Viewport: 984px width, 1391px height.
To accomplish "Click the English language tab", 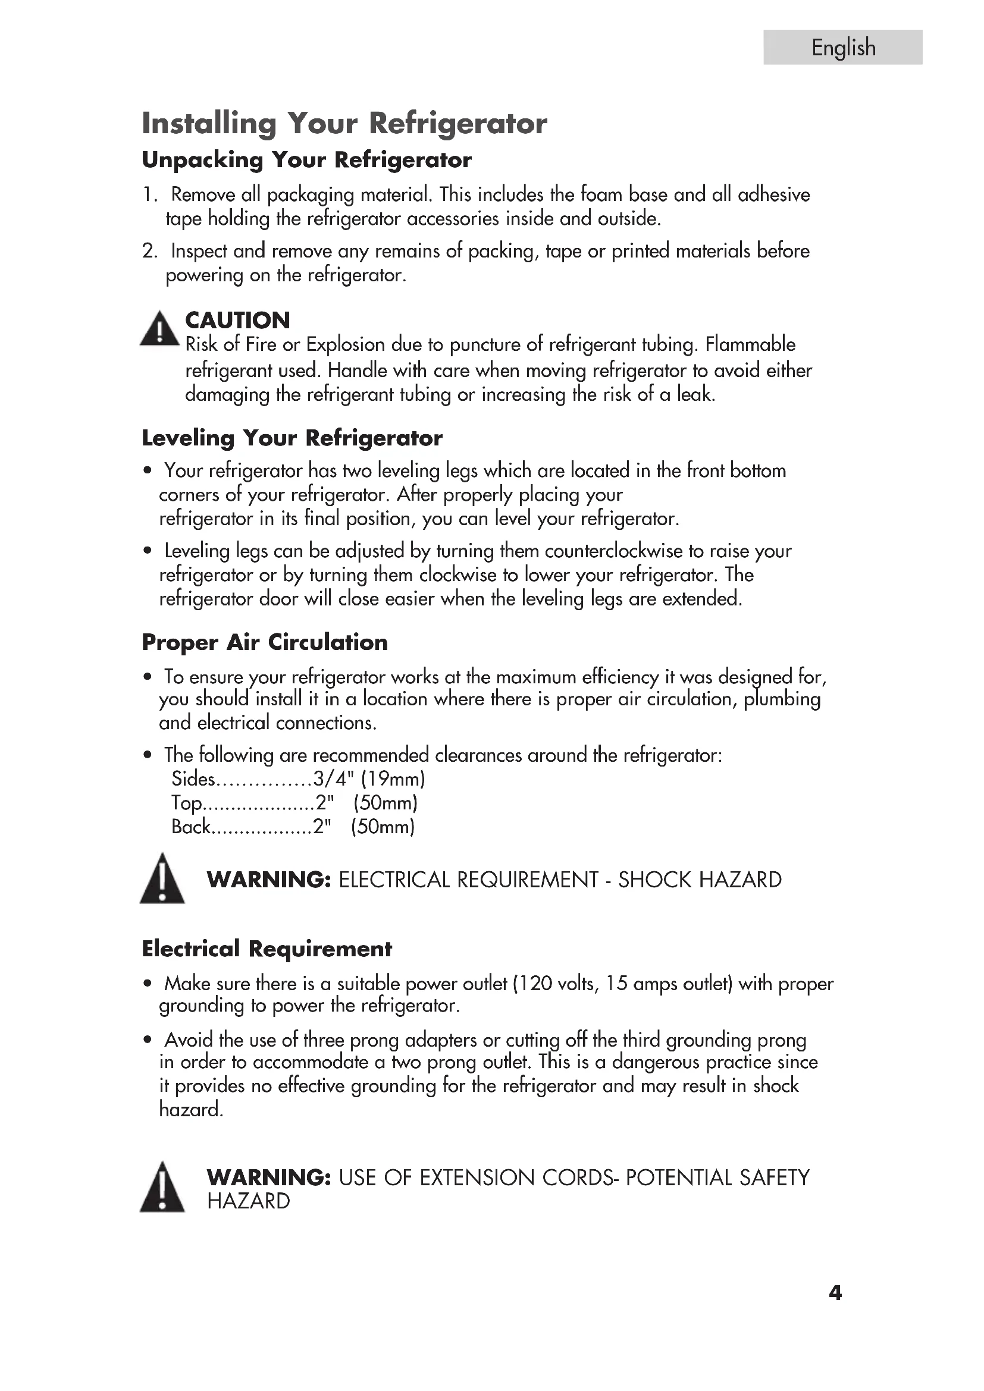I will (843, 47).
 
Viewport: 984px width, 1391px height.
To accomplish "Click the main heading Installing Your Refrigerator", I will (344, 123).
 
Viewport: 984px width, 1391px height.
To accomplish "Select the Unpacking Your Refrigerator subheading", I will (306, 160).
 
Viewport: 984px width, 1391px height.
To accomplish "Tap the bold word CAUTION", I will (237, 320).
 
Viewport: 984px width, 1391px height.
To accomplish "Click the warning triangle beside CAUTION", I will (159, 329).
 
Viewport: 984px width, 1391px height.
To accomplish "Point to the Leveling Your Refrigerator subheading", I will (292, 438).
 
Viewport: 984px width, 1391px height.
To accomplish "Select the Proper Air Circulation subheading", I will (265, 642).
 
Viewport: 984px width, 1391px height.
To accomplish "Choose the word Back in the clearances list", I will (190, 827).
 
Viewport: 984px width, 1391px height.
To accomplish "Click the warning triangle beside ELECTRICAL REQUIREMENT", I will (162, 880).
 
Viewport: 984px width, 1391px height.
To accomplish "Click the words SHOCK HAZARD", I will (700, 880).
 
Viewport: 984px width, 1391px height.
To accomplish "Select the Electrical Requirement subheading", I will (267, 949).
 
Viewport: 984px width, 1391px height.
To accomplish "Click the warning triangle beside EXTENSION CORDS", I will (162, 1188).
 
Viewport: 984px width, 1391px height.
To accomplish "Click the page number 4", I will (835, 1293).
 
